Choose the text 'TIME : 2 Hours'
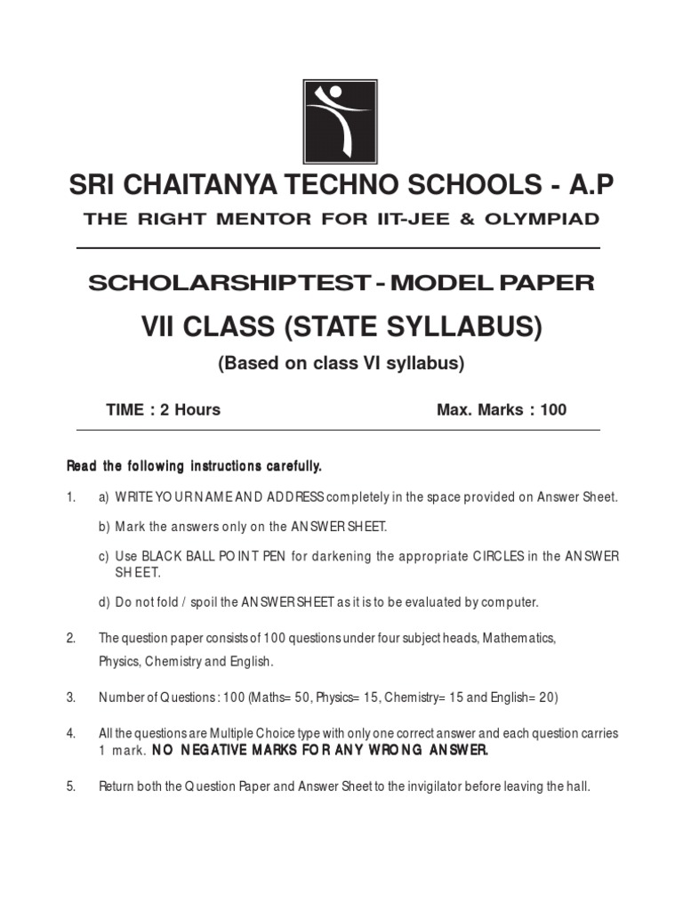point(163,410)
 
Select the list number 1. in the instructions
point(71,497)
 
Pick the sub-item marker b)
point(104,527)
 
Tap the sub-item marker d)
point(104,602)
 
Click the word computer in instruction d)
point(510,602)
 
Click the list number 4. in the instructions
point(71,733)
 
